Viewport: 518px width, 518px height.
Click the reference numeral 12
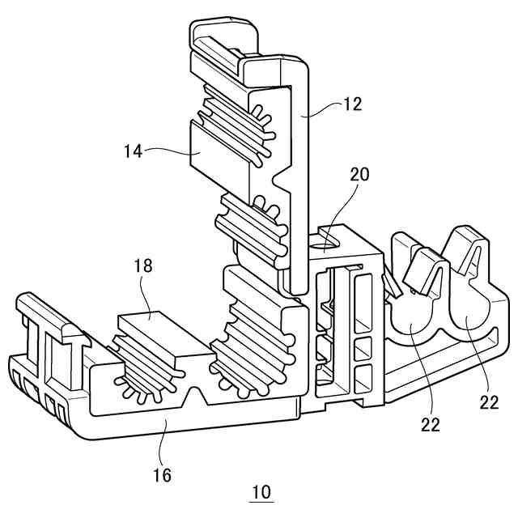pyautogui.click(x=351, y=104)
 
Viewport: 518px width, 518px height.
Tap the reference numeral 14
pyautogui.click(x=133, y=150)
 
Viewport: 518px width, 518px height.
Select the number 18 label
pyautogui.click(x=144, y=265)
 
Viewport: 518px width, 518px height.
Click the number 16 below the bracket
pyautogui.click(x=162, y=474)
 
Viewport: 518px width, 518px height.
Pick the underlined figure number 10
pyautogui.click(x=261, y=491)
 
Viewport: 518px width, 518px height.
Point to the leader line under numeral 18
pyautogui.click(x=146, y=295)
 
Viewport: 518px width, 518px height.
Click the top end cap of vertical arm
pyautogui.click(x=225, y=36)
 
